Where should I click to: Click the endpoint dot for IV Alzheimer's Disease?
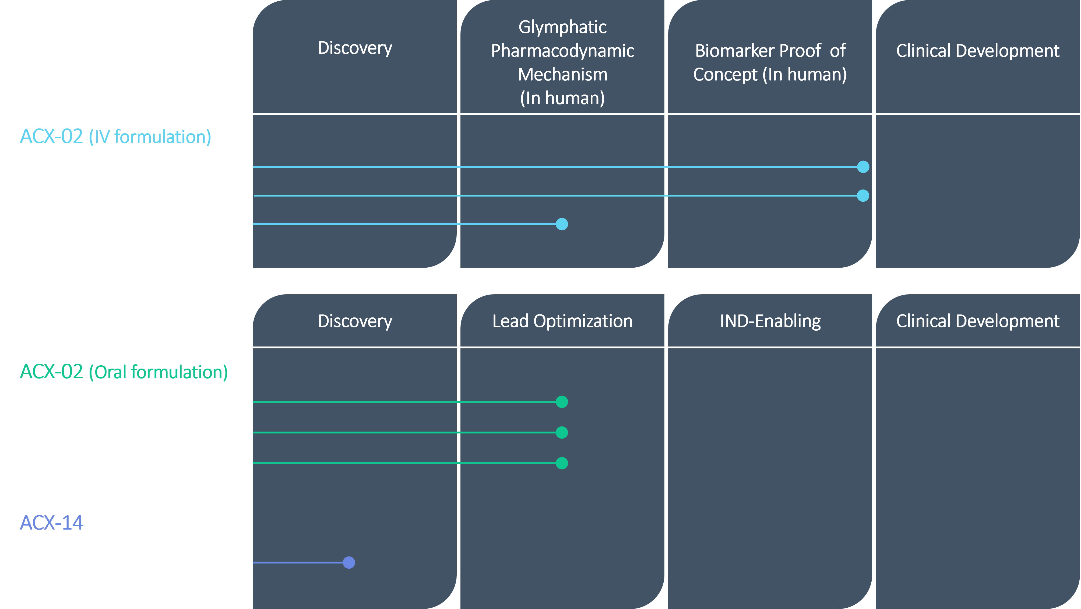click(x=863, y=167)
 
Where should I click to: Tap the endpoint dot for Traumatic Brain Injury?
click(x=863, y=195)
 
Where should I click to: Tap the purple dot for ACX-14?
click(x=349, y=562)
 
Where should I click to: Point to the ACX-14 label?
click(x=52, y=523)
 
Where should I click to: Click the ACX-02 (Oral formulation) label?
click(x=124, y=372)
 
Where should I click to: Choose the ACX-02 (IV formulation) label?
click(x=115, y=137)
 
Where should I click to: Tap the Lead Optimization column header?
click(x=562, y=321)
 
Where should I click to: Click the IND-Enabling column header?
click(x=770, y=321)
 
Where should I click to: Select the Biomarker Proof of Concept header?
click(x=770, y=62)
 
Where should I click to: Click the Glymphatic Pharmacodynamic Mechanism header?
click(x=562, y=62)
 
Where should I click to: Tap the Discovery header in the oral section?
click(x=355, y=321)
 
